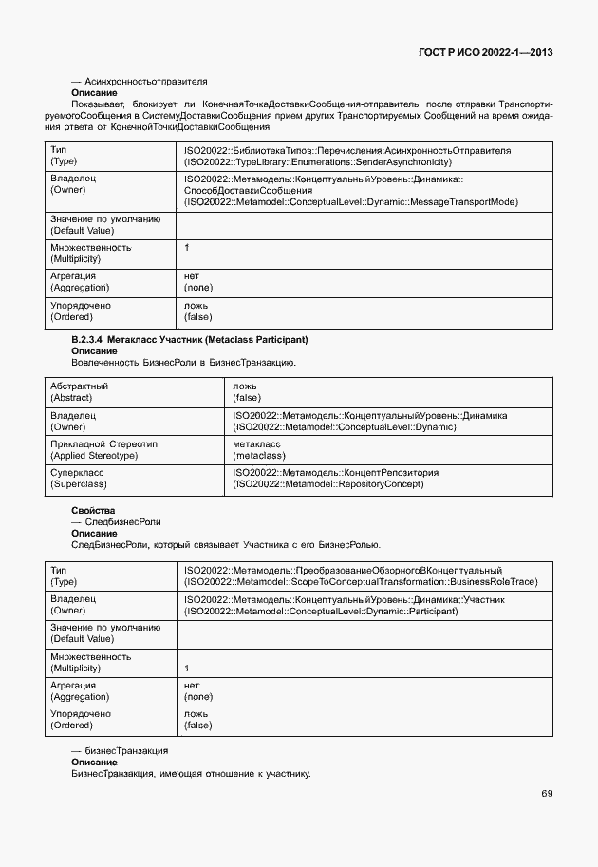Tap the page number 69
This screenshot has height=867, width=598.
547,793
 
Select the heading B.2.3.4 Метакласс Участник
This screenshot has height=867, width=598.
190,339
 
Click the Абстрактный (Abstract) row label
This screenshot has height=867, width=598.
79,392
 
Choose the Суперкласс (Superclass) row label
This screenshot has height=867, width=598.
77,478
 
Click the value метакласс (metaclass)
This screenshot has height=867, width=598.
259,449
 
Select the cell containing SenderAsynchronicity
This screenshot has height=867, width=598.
347,157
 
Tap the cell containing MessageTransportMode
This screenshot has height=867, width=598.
350,190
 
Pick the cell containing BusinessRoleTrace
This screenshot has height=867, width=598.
361,575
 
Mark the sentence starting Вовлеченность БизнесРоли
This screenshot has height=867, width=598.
183,362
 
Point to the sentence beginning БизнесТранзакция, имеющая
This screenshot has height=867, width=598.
191,773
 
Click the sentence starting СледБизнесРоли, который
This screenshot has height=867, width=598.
225,544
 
